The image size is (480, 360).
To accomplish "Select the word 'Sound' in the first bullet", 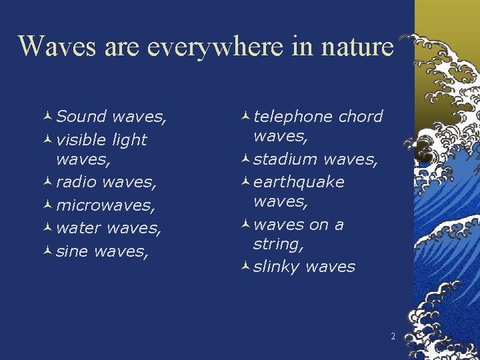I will pyautogui.click(x=81, y=117).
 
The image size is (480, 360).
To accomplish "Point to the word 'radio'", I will pyautogui.click(x=77, y=181).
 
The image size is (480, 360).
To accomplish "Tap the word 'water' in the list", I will pyautogui.click(x=79, y=228).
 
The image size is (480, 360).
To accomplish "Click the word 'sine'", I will pyautogui.click(x=73, y=251).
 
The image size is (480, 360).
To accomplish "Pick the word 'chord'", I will pyautogui.click(x=361, y=117).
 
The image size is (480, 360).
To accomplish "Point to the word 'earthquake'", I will pyautogui.click(x=299, y=182).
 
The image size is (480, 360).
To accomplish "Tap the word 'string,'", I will pyautogui.click(x=279, y=245).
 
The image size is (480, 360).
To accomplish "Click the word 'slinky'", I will pyautogui.click(x=275, y=267).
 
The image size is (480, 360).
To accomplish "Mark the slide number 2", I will pyautogui.click(x=393, y=337).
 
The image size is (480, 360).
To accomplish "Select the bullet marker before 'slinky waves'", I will pyautogui.click(x=245, y=267).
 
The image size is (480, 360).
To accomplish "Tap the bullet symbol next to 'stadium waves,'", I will pyautogui.click(x=245, y=159).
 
